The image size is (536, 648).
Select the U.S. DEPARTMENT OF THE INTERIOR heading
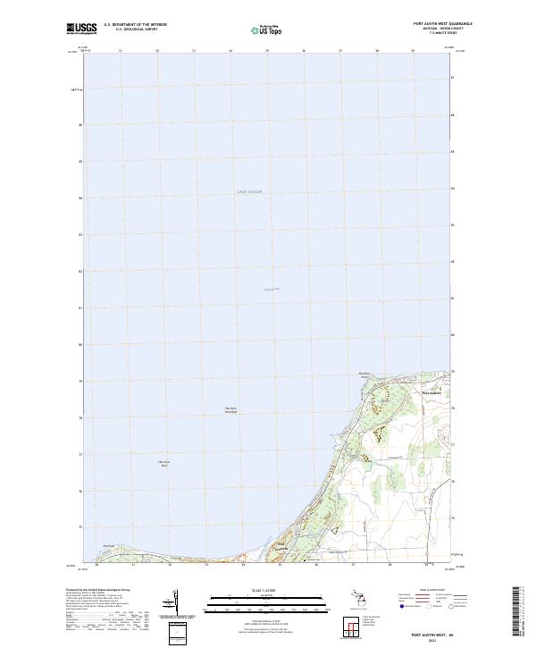point(136,24)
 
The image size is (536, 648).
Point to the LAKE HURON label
point(249,192)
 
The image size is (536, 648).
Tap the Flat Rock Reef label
point(163,463)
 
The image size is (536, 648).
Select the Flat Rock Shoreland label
point(230,410)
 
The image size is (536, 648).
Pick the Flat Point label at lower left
point(109,546)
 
